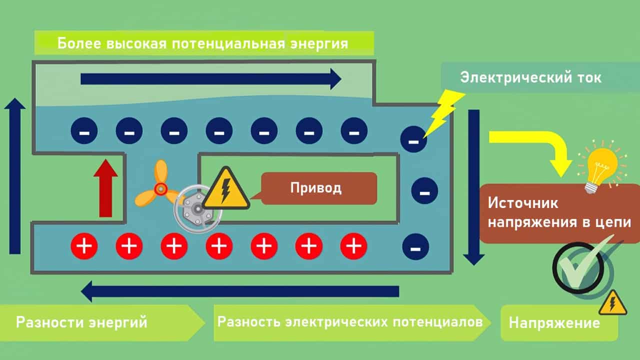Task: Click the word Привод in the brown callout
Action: coord(316,188)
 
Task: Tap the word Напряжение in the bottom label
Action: coord(554,322)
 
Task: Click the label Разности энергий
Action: coord(81,322)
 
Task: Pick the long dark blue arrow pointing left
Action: coord(240,291)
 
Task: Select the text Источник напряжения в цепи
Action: coord(559,213)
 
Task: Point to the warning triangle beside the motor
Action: coord(226,190)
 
